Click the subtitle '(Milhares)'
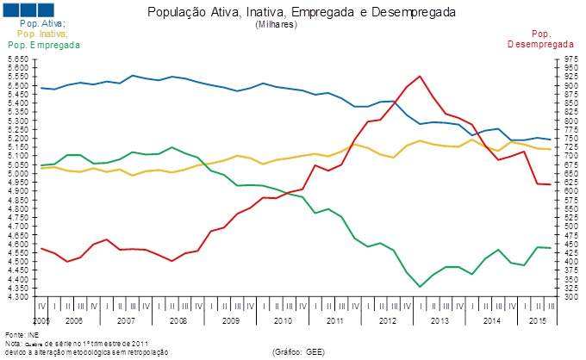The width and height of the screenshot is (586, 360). (276, 25)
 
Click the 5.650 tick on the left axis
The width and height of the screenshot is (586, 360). (19, 59)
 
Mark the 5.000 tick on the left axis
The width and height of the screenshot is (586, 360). (19, 174)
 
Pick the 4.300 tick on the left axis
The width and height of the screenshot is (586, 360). (19, 297)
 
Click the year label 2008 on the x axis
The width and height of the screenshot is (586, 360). (178, 320)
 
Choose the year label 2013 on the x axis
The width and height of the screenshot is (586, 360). (439, 320)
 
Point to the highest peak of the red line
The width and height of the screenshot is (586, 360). (420, 76)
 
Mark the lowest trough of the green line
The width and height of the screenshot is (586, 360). (420, 287)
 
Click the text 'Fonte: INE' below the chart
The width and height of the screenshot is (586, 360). (24, 334)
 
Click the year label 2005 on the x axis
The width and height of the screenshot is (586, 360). (41, 320)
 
